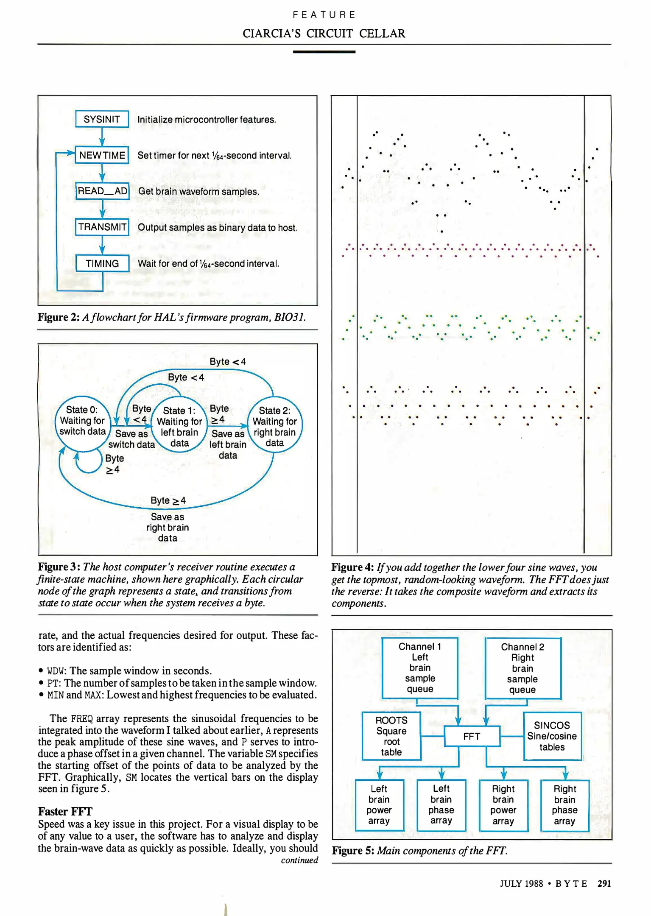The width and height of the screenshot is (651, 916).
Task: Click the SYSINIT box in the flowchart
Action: pyautogui.click(x=102, y=119)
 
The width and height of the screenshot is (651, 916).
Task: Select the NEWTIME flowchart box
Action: pyautogui.click(x=102, y=155)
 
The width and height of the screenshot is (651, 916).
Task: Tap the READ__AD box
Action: pyautogui.click(x=102, y=191)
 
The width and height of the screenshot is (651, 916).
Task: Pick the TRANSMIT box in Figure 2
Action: pyautogui.click(x=102, y=227)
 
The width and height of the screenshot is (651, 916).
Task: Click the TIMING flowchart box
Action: pyautogui.click(x=102, y=263)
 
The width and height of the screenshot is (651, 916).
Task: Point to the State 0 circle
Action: pyautogui.click(x=82, y=421)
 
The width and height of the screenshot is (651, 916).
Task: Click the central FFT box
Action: pyautogui.click(x=472, y=736)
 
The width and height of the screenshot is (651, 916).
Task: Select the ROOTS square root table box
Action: pyautogui.click(x=391, y=736)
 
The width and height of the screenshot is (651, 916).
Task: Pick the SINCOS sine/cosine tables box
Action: pyautogui.click(x=552, y=736)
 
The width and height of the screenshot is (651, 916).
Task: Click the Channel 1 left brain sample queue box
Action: pyautogui.click(x=420, y=668)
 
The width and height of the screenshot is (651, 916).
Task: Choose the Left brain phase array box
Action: pyautogui.click(x=441, y=804)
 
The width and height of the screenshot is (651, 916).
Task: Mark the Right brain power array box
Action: pyautogui.click(x=503, y=805)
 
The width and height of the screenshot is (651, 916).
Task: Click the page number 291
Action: pyautogui.click(x=604, y=883)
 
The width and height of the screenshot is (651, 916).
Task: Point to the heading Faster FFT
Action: pyautogui.click(x=65, y=812)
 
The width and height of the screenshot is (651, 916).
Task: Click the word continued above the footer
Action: pyautogui.click(x=299, y=860)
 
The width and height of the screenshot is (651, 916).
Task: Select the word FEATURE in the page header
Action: pyautogui.click(x=324, y=15)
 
